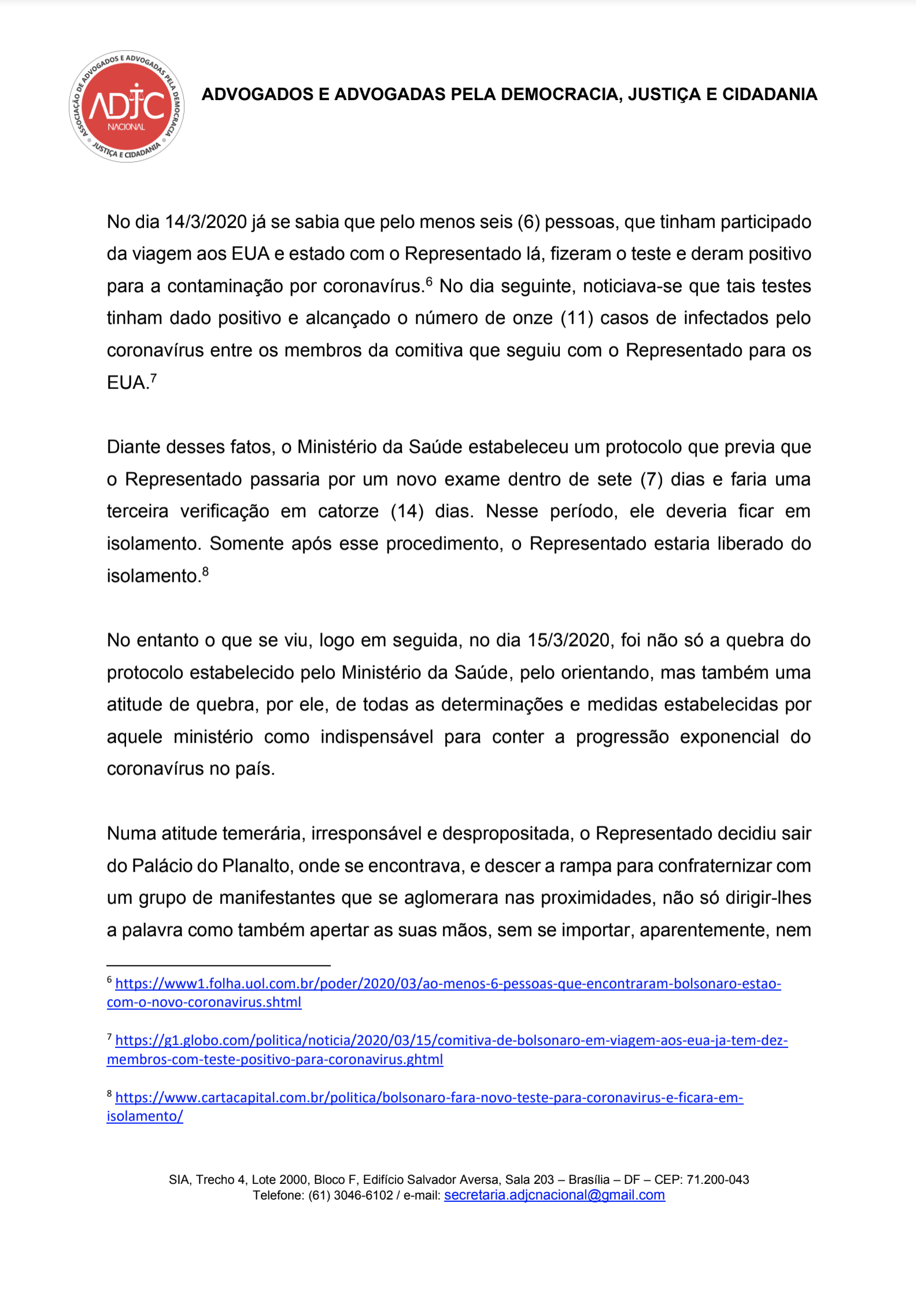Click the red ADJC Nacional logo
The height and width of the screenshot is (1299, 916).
pos(127,106)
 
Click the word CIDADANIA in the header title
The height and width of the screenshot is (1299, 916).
pos(769,94)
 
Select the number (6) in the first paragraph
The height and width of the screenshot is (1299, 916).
pos(529,222)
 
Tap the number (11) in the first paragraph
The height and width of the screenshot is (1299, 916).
pos(577,318)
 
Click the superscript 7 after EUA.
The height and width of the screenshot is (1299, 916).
pos(153,378)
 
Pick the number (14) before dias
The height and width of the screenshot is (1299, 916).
pos(408,511)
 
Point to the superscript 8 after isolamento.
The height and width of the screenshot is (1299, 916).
pos(205,571)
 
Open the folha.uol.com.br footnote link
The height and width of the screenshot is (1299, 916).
pos(448,984)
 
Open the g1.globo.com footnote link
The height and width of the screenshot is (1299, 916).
pos(451,1040)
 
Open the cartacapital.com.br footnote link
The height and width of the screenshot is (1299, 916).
pos(429,1097)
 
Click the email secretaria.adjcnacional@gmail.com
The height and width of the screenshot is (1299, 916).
pos(554,1195)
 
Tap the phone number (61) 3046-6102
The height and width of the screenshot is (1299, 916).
pos(350,1195)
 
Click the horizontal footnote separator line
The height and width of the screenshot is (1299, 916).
pos(218,965)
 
